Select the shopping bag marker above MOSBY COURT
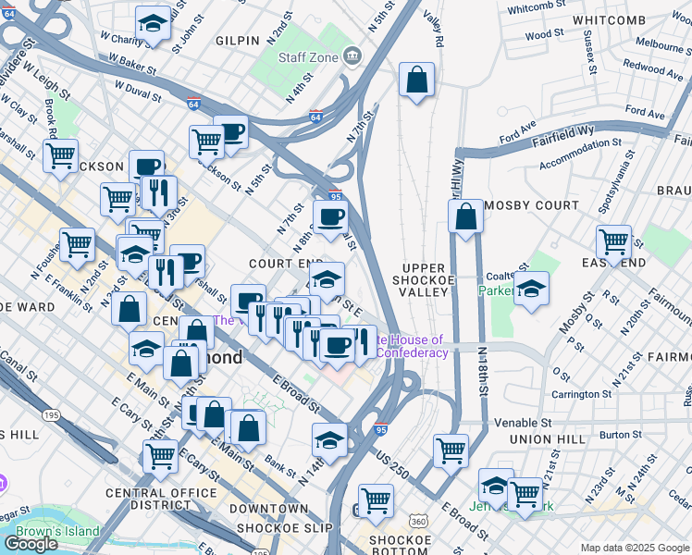click(x=466, y=217)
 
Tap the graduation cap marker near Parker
click(x=531, y=290)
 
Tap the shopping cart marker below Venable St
click(x=451, y=452)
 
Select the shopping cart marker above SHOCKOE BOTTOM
click(x=376, y=500)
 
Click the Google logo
click(x=31, y=544)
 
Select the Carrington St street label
click(x=570, y=394)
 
